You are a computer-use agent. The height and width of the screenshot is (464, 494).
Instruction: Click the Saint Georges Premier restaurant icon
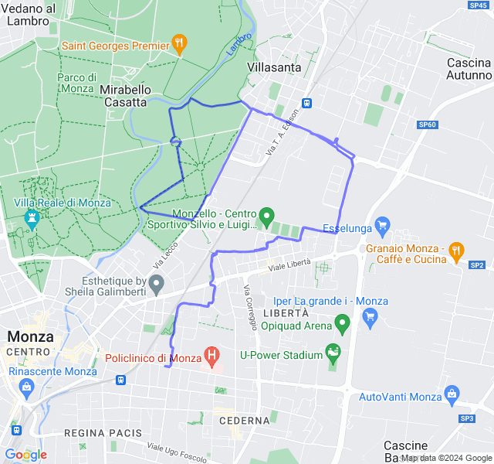180,44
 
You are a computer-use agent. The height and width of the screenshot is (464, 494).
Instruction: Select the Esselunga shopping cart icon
381,227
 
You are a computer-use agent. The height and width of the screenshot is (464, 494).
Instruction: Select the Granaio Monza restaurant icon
457,251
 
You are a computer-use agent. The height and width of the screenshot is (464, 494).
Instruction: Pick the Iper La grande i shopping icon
370,316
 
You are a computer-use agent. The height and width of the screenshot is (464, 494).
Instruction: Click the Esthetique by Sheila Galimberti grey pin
157,285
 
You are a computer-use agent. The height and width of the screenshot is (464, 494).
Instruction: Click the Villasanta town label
274,67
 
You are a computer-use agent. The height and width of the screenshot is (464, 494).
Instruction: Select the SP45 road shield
478,5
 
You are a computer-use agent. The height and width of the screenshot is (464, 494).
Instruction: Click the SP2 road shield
477,264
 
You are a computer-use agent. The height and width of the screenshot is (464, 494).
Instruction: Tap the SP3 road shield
467,418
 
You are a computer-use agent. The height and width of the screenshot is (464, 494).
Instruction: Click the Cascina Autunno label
469,69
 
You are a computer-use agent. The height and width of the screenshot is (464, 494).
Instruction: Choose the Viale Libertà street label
289,265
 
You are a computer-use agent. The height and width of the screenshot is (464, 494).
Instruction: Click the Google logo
25,455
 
